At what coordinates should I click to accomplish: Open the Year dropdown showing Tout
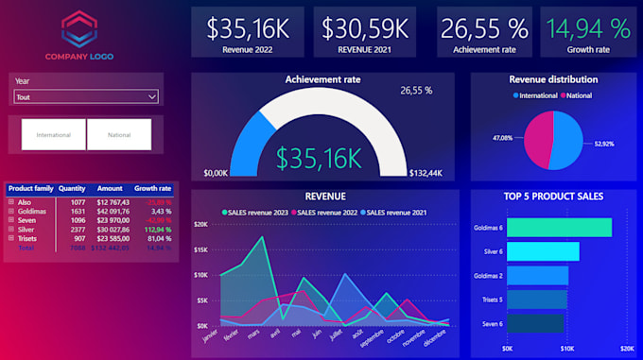[85, 96]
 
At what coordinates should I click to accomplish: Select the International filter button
[53, 135]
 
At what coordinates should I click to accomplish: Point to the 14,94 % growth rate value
[587, 26]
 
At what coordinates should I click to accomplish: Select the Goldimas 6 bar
[559, 228]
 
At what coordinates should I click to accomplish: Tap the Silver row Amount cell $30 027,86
[111, 229]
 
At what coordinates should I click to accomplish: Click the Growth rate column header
[152, 188]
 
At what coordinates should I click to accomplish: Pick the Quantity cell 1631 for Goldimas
[78, 211]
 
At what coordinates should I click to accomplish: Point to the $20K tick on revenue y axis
[200, 224]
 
